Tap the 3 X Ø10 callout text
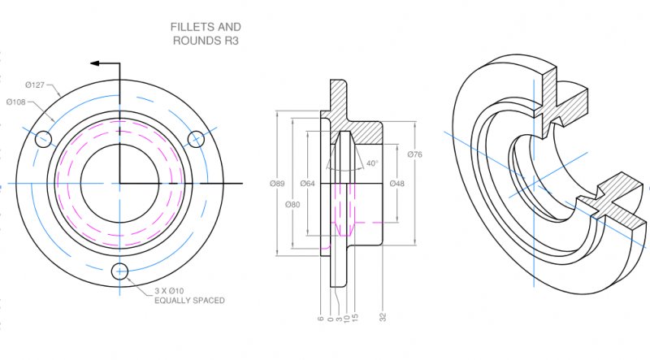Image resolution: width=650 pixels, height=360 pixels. click(x=172, y=291)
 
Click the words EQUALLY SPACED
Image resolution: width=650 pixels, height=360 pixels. click(x=189, y=301)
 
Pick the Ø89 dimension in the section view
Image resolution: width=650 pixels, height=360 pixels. click(x=277, y=184)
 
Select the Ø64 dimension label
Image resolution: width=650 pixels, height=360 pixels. click(x=307, y=184)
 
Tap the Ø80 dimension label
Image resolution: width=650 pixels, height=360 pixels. click(x=293, y=203)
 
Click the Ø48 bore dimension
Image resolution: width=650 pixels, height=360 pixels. click(x=396, y=184)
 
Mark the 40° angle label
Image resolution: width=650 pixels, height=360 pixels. click(x=372, y=163)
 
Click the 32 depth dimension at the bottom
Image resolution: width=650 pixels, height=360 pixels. click(x=382, y=318)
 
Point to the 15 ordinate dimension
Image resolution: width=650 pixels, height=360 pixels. click(x=356, y=318)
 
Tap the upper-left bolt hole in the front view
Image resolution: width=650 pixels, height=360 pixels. click(x=44, y=139)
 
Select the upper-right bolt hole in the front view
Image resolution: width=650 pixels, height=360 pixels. click(x=195, y=139)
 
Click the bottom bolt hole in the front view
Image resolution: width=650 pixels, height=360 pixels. click(x=119, y=271)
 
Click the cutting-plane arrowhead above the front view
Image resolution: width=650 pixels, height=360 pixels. click(x=95, y=63)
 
